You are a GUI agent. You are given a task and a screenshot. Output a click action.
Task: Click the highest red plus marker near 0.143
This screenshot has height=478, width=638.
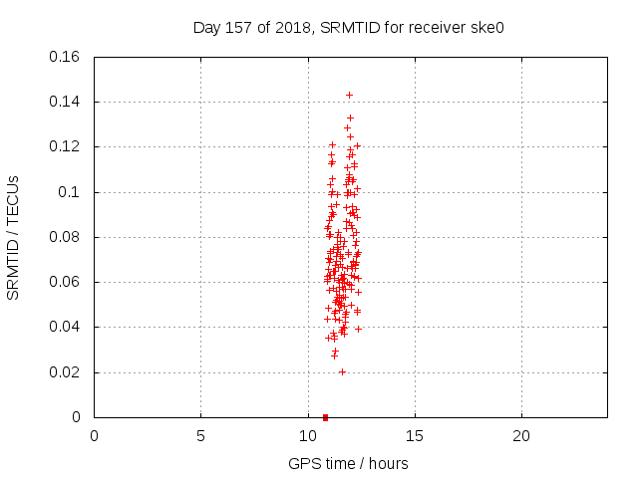[x=349, y=96]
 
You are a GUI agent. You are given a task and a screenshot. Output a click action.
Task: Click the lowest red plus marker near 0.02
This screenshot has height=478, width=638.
[x=342, y=371]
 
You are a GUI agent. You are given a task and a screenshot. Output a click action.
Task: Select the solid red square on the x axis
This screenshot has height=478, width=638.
[x=325, y=417]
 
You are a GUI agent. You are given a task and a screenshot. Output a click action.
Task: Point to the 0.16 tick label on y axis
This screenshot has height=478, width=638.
[x=64, y=57]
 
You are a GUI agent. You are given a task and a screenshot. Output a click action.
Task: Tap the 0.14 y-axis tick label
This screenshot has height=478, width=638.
[x=64, y=102]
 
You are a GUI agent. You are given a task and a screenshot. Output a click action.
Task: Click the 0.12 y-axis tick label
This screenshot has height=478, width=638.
[x=64, y=146]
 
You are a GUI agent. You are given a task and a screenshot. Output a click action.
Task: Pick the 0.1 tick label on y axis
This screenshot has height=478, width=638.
[x=69, y=192]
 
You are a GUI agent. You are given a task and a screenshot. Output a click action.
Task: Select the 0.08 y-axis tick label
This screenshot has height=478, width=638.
[x=64, y=237]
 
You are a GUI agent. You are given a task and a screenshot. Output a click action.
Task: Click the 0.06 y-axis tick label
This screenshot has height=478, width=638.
[x=64, y=282]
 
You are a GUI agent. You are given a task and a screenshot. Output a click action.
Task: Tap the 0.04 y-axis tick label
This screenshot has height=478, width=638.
[x=64, y=327]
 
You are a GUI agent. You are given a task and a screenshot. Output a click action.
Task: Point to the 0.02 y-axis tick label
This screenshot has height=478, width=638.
[x=64, y=372]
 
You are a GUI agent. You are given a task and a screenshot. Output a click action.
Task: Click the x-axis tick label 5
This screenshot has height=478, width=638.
[x=200, y=436]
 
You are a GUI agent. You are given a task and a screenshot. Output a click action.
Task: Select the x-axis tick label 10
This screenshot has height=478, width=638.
[x=308, y=436]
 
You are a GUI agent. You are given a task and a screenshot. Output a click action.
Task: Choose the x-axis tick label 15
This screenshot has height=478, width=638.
[x=415, y=436]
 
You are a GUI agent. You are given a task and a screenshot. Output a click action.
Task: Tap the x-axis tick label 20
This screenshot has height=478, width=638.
[x=521, y=436]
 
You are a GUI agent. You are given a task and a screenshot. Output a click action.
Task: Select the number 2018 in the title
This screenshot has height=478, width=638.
[x=293, y=28]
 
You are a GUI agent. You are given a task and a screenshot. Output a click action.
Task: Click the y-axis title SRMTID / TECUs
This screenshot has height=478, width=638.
[x=13, y=238]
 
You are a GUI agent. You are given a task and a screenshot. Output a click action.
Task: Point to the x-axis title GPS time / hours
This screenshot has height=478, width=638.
[x=348, y=464]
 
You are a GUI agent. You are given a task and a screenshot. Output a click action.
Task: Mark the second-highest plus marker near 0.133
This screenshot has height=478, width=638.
[x=350, y=118]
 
